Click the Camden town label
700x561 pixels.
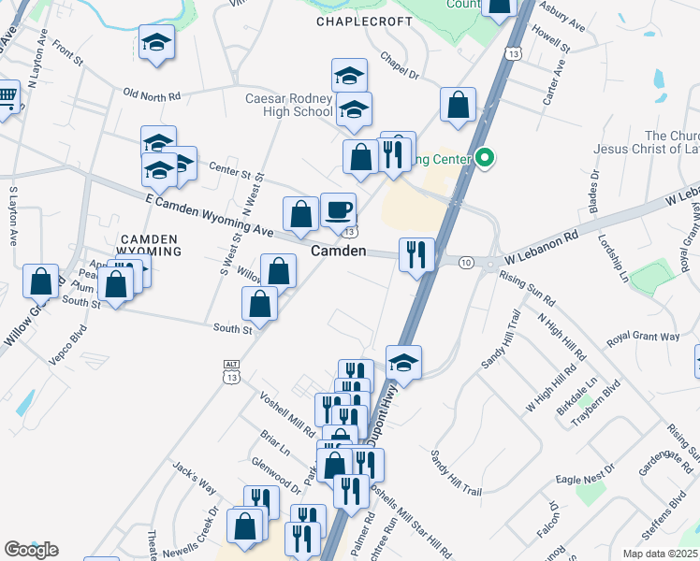point(338,252)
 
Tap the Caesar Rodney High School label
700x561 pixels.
point(289,106)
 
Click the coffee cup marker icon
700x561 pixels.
point(338,210)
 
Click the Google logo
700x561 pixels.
point(31,550)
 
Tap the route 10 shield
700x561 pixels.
point(466,262)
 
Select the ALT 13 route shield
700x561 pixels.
point(232,370)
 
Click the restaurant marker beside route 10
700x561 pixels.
point(416,255)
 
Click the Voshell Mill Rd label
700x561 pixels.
point(287,415)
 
